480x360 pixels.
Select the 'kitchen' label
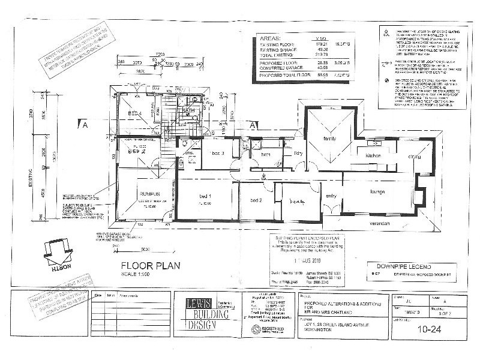coord(374,155)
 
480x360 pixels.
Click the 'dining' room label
coord(415,157)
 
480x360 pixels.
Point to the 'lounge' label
coord(376,193)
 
